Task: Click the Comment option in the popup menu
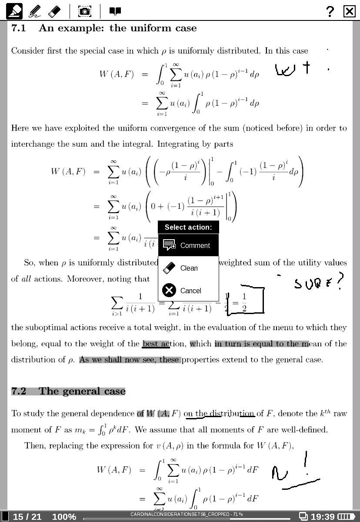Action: tap(188, 245)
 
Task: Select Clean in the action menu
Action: tap(188, 268)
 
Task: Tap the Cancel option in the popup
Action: tap(188, 291)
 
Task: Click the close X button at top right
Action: tap(350, 11)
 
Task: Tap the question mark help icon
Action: tap(330, 11)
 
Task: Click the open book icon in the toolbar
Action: tap(115, 11)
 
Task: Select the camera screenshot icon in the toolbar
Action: tap(85, 11)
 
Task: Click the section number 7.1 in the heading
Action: tap(19, 28)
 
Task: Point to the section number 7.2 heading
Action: tap(19, 391)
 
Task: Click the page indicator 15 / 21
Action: tap(27, 517)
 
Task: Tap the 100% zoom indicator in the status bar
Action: tap(64, 517)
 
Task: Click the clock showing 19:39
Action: tap(323, 517)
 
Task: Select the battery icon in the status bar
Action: tap(347, 517)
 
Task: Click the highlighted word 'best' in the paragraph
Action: tap(150, 344)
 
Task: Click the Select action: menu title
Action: tap(188, 227)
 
